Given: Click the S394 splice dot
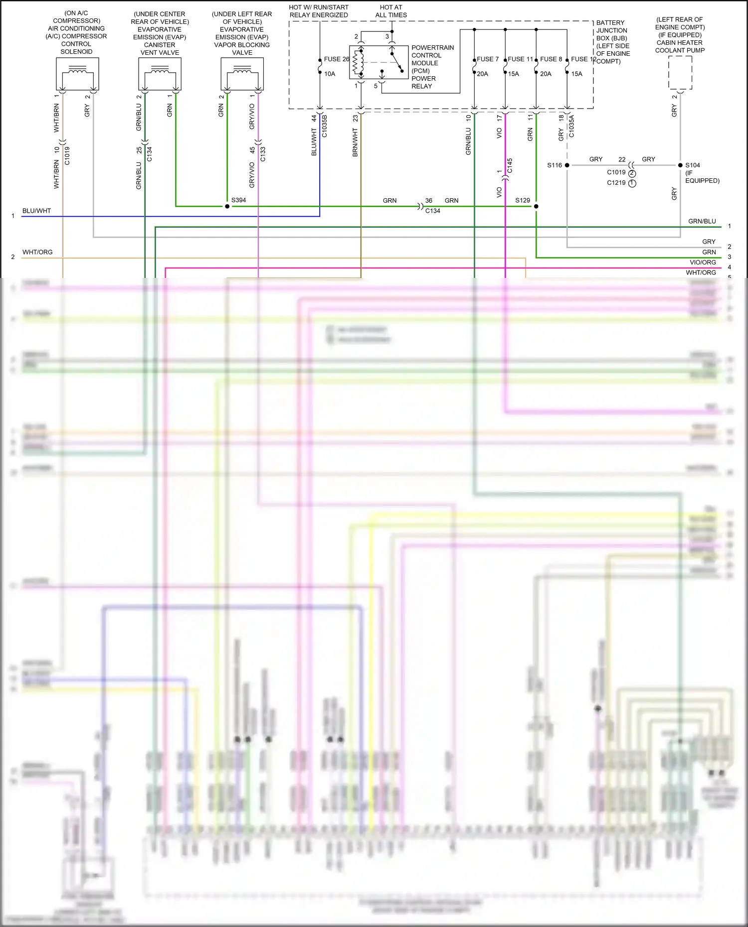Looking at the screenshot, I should tap(227, 206).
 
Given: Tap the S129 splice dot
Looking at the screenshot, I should tap(536, 206).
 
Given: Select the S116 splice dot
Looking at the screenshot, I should tap(567, 165).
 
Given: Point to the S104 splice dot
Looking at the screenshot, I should tap(680, 165).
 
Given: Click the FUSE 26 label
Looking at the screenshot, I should tap(336, 59).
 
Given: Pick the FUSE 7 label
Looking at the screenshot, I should tap(487, 59).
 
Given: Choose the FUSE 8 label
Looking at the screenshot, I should tap(551, 59).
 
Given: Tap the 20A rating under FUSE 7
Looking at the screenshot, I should tap(482, 74).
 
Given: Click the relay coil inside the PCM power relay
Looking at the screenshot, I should tap(357, 63).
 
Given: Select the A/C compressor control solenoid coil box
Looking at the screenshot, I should tap(77, 74).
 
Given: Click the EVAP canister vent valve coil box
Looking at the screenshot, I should tap(160, 74).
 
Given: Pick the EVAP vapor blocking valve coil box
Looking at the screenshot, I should tap(242, 74).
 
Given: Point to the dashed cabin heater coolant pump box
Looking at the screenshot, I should tap(680, 73).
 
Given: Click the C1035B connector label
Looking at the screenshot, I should tap(324, 126).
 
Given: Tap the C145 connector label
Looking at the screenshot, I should tap(510, 165).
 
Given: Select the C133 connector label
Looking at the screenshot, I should tap(263, 154).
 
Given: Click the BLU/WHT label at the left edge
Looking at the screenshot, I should tap(36, 211).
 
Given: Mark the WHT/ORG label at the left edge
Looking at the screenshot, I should tap(37, 252).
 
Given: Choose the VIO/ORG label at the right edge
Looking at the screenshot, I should tap(702, 262).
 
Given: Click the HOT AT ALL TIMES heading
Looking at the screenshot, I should tap(391, 11).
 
